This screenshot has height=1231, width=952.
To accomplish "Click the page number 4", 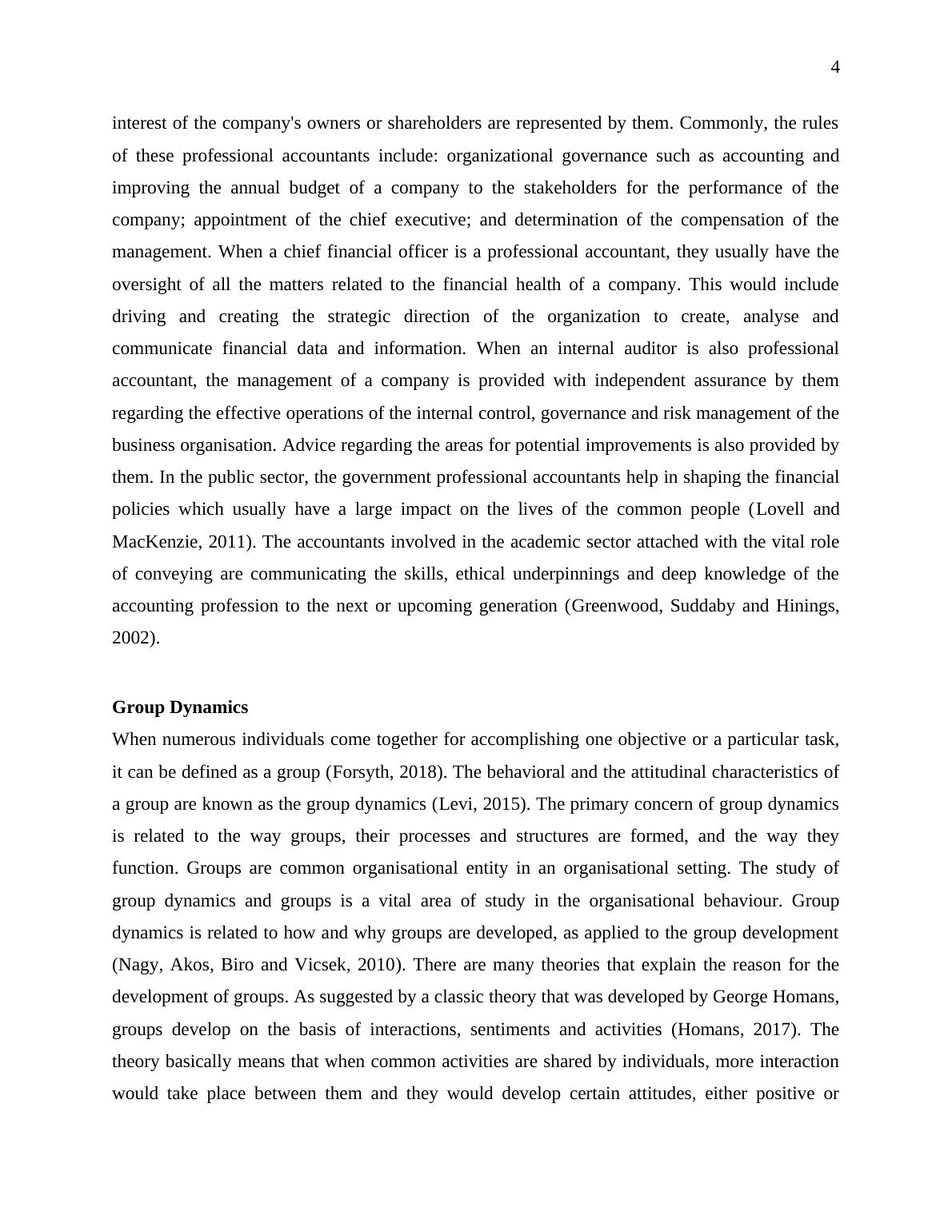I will click(x=835, y=68).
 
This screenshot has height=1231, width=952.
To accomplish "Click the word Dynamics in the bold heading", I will click(x=214, y=707).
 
